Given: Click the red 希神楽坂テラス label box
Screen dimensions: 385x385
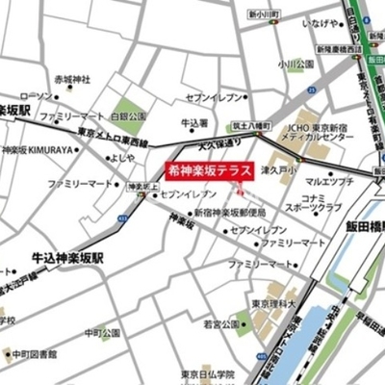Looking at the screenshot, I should pos(209,167).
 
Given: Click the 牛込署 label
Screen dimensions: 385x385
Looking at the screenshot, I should pos(194,123).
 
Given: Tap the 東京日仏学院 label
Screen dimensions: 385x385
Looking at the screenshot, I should pos(204,374).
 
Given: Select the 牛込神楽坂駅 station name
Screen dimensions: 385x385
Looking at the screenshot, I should pos(65,258).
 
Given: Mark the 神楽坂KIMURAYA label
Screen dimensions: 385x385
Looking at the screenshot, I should pos(45,150).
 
